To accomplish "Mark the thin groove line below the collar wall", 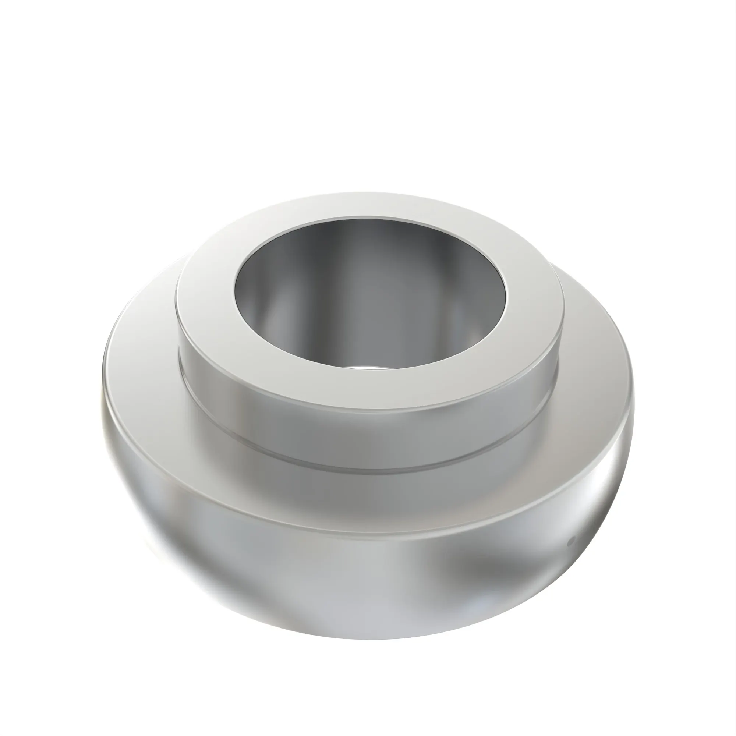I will (369, 473).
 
